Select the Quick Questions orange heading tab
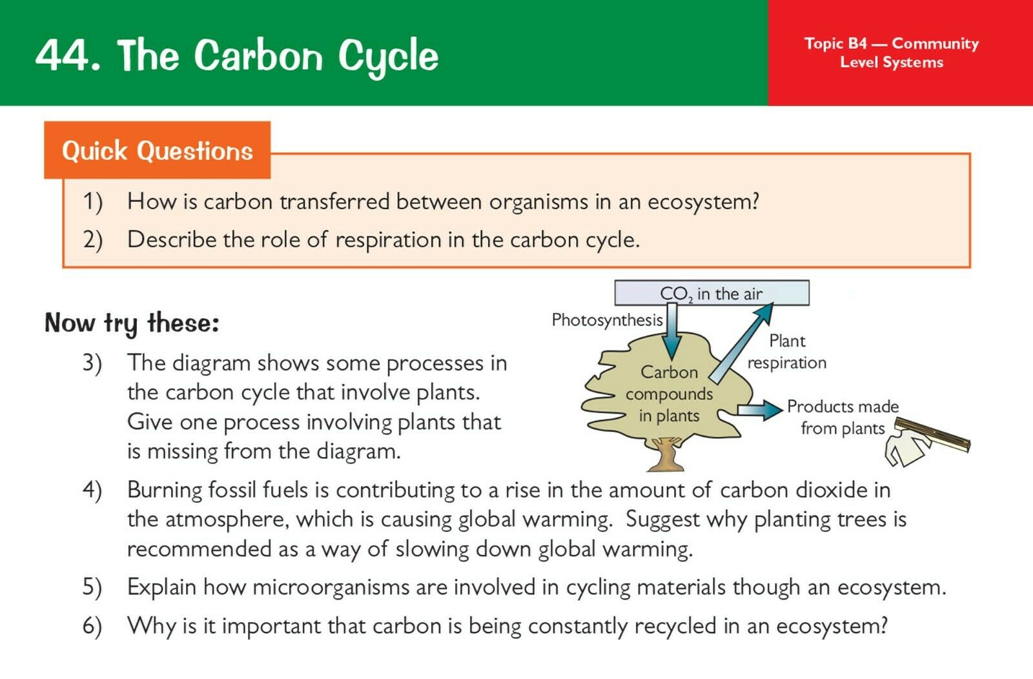pyautogui.click(x=158, y=150)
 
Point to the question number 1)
pyautogui.click(x=93, y=202)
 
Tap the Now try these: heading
pyautogui.click(x=132, y=323)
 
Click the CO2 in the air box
pyautogui.click(x=711, y=293)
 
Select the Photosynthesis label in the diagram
pyautogui.click(x=607, y=320)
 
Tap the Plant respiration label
pyautogui.click(x=787, y=352)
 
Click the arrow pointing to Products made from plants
pyautogui.click(x=760, y=409)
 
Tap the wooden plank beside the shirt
pyautogui.click(x=932, y=434)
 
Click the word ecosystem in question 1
pyautogui.click(x=703, y=203)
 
